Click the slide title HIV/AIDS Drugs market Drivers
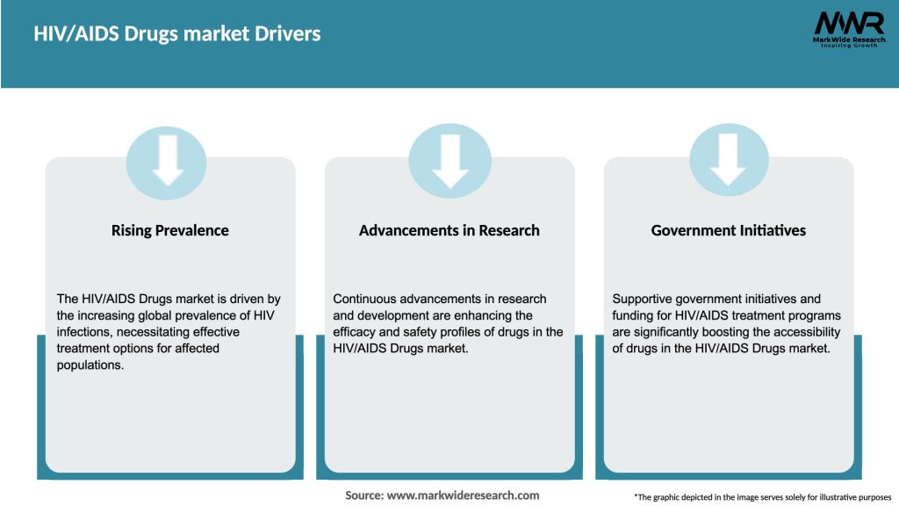(x=177, y=34)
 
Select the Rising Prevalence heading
(x=169, y=230)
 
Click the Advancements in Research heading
(x=449, y=230)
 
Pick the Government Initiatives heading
(x=728, y=230)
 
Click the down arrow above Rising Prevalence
(x=167, y=161)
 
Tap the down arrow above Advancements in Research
(x=449, y=161)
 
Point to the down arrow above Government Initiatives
(x=728, y=161)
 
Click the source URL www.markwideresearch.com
(x=463, y=495)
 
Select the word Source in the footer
(x=363, y=495)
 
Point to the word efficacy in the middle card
(x=354, y=332)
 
